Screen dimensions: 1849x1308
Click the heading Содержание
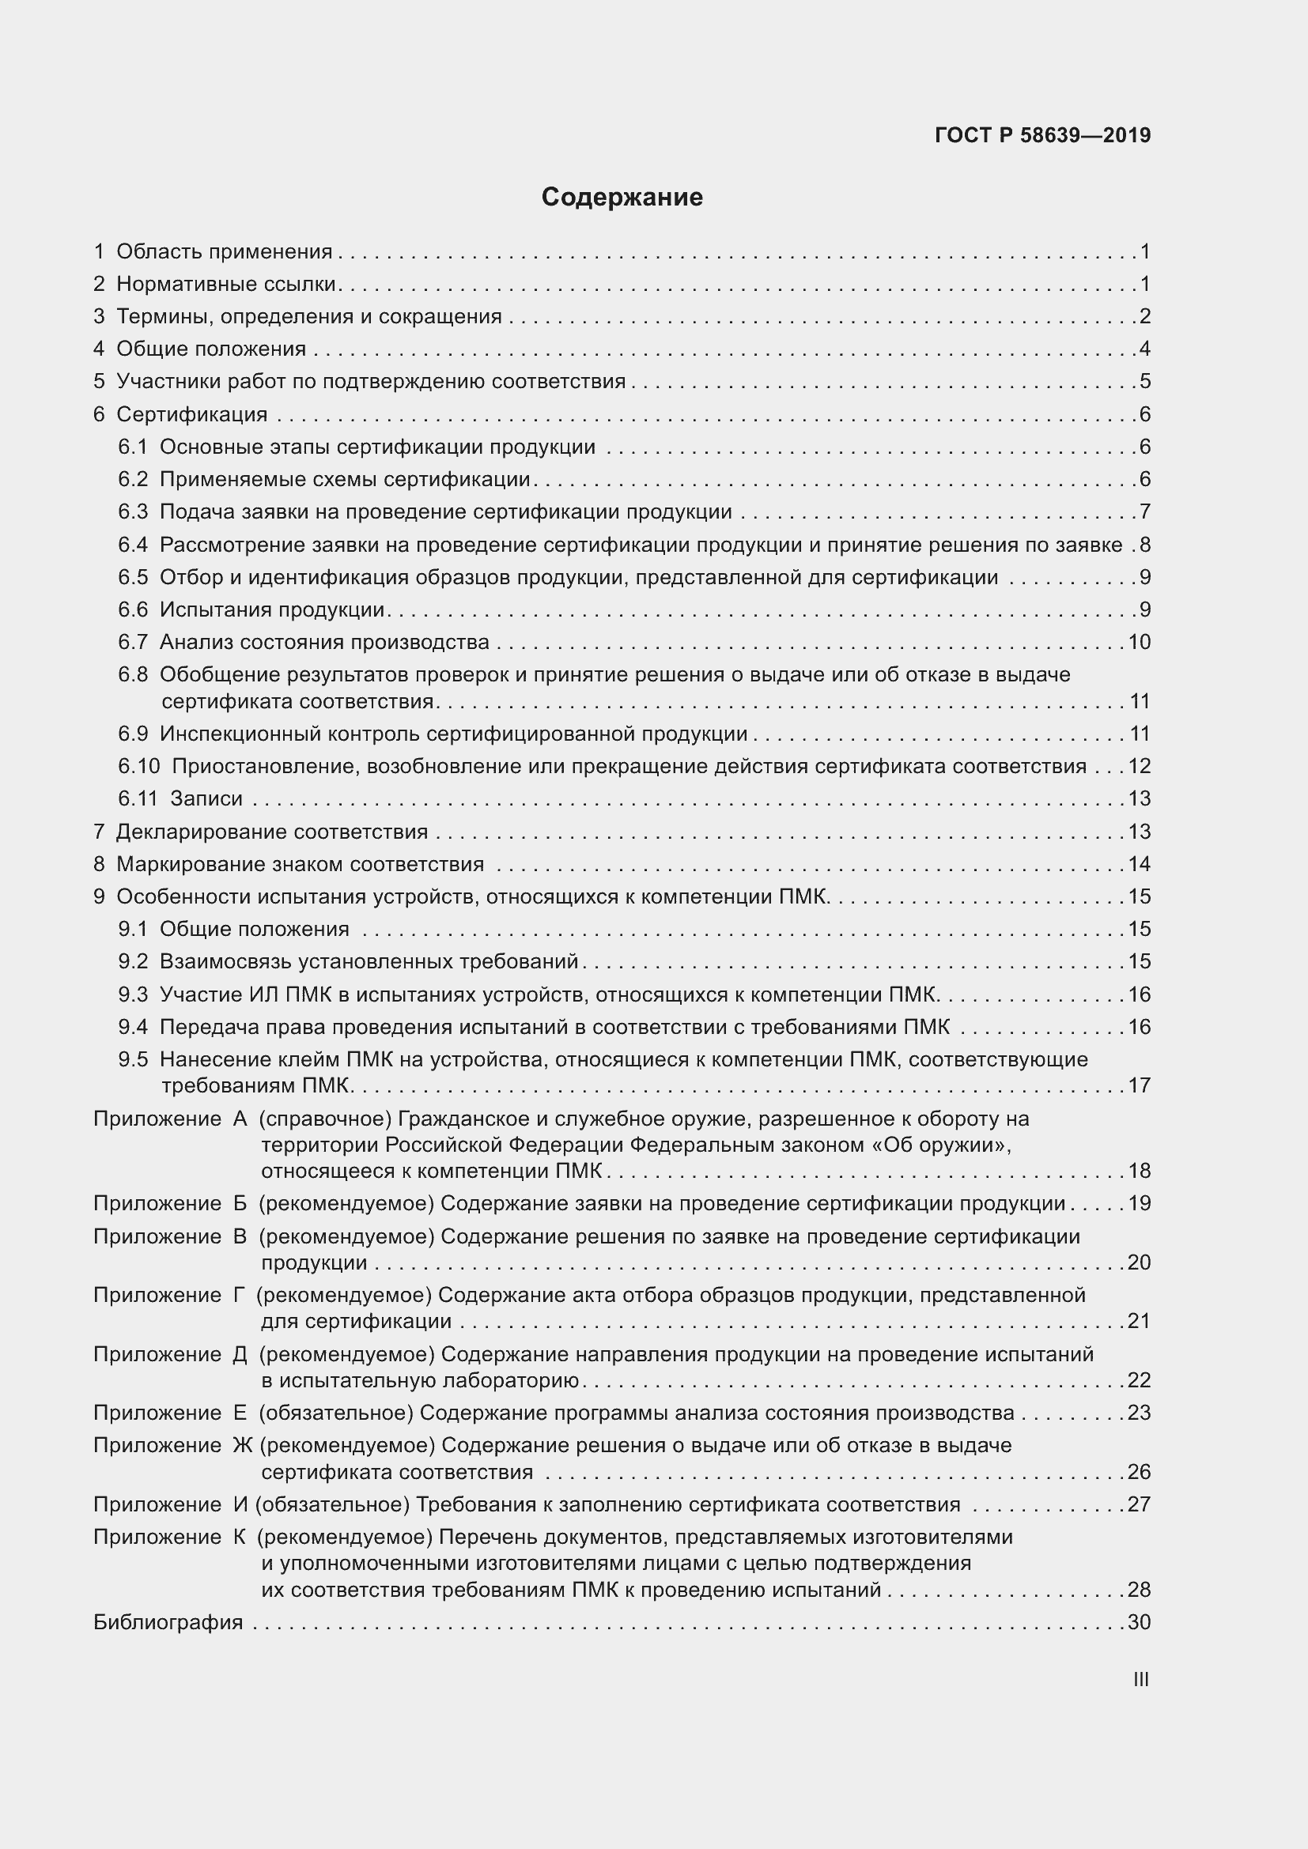[622, 198]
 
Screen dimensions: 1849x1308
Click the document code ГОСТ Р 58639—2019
[1042, 135]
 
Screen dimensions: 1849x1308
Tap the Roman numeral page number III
[1140, 1679]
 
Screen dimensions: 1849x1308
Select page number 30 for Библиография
[1139, 1622]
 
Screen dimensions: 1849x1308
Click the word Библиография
[168, 1622]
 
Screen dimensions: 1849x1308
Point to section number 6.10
[138, 766]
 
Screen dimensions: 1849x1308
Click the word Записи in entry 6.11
[206, 798]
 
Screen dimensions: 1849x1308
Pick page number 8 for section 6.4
[1144, 545]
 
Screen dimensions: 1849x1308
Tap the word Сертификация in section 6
[191, 414]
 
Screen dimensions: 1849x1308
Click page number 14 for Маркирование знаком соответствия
[1139, 864]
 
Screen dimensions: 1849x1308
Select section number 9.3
[133, 994]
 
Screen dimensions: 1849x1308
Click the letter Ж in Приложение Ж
[243, 1446]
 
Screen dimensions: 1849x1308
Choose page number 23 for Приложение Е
[1139, 1413]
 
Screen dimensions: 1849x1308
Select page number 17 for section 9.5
[1139, 1085]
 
